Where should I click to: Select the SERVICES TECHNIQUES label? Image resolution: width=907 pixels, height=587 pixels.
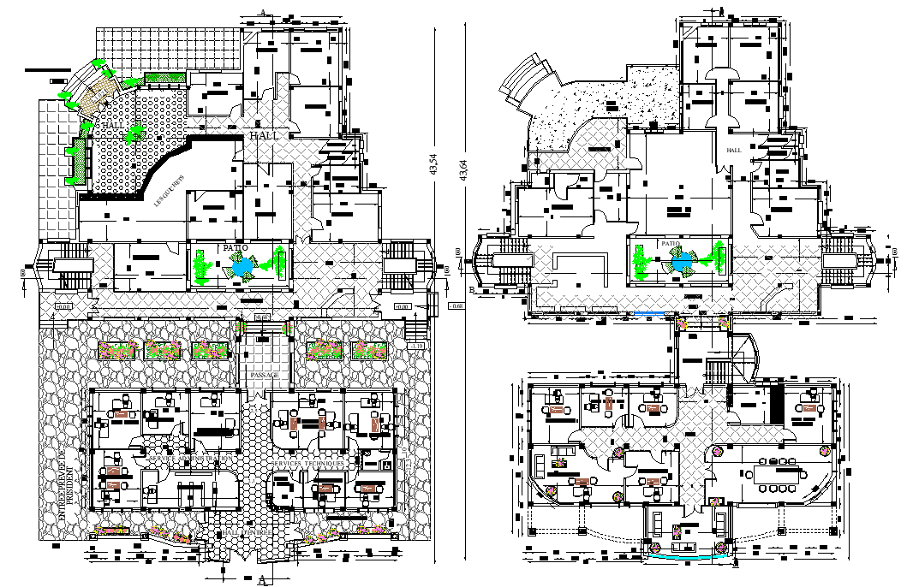(x=309, y=463)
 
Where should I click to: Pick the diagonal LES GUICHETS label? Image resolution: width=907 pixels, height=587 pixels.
(x=170, y=192)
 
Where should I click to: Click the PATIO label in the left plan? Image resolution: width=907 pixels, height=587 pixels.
(x=235, y=248)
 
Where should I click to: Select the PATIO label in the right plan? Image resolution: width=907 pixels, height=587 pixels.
(x=671, y=244)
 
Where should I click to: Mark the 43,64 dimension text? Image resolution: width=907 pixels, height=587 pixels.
(x=463, y=169)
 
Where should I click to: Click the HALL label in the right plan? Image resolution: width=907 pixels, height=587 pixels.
(x=734, y=150)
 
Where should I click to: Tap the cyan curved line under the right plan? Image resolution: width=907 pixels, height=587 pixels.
(x=683, y=557)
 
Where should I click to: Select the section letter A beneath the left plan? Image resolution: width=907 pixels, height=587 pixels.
(x=261, y=580)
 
